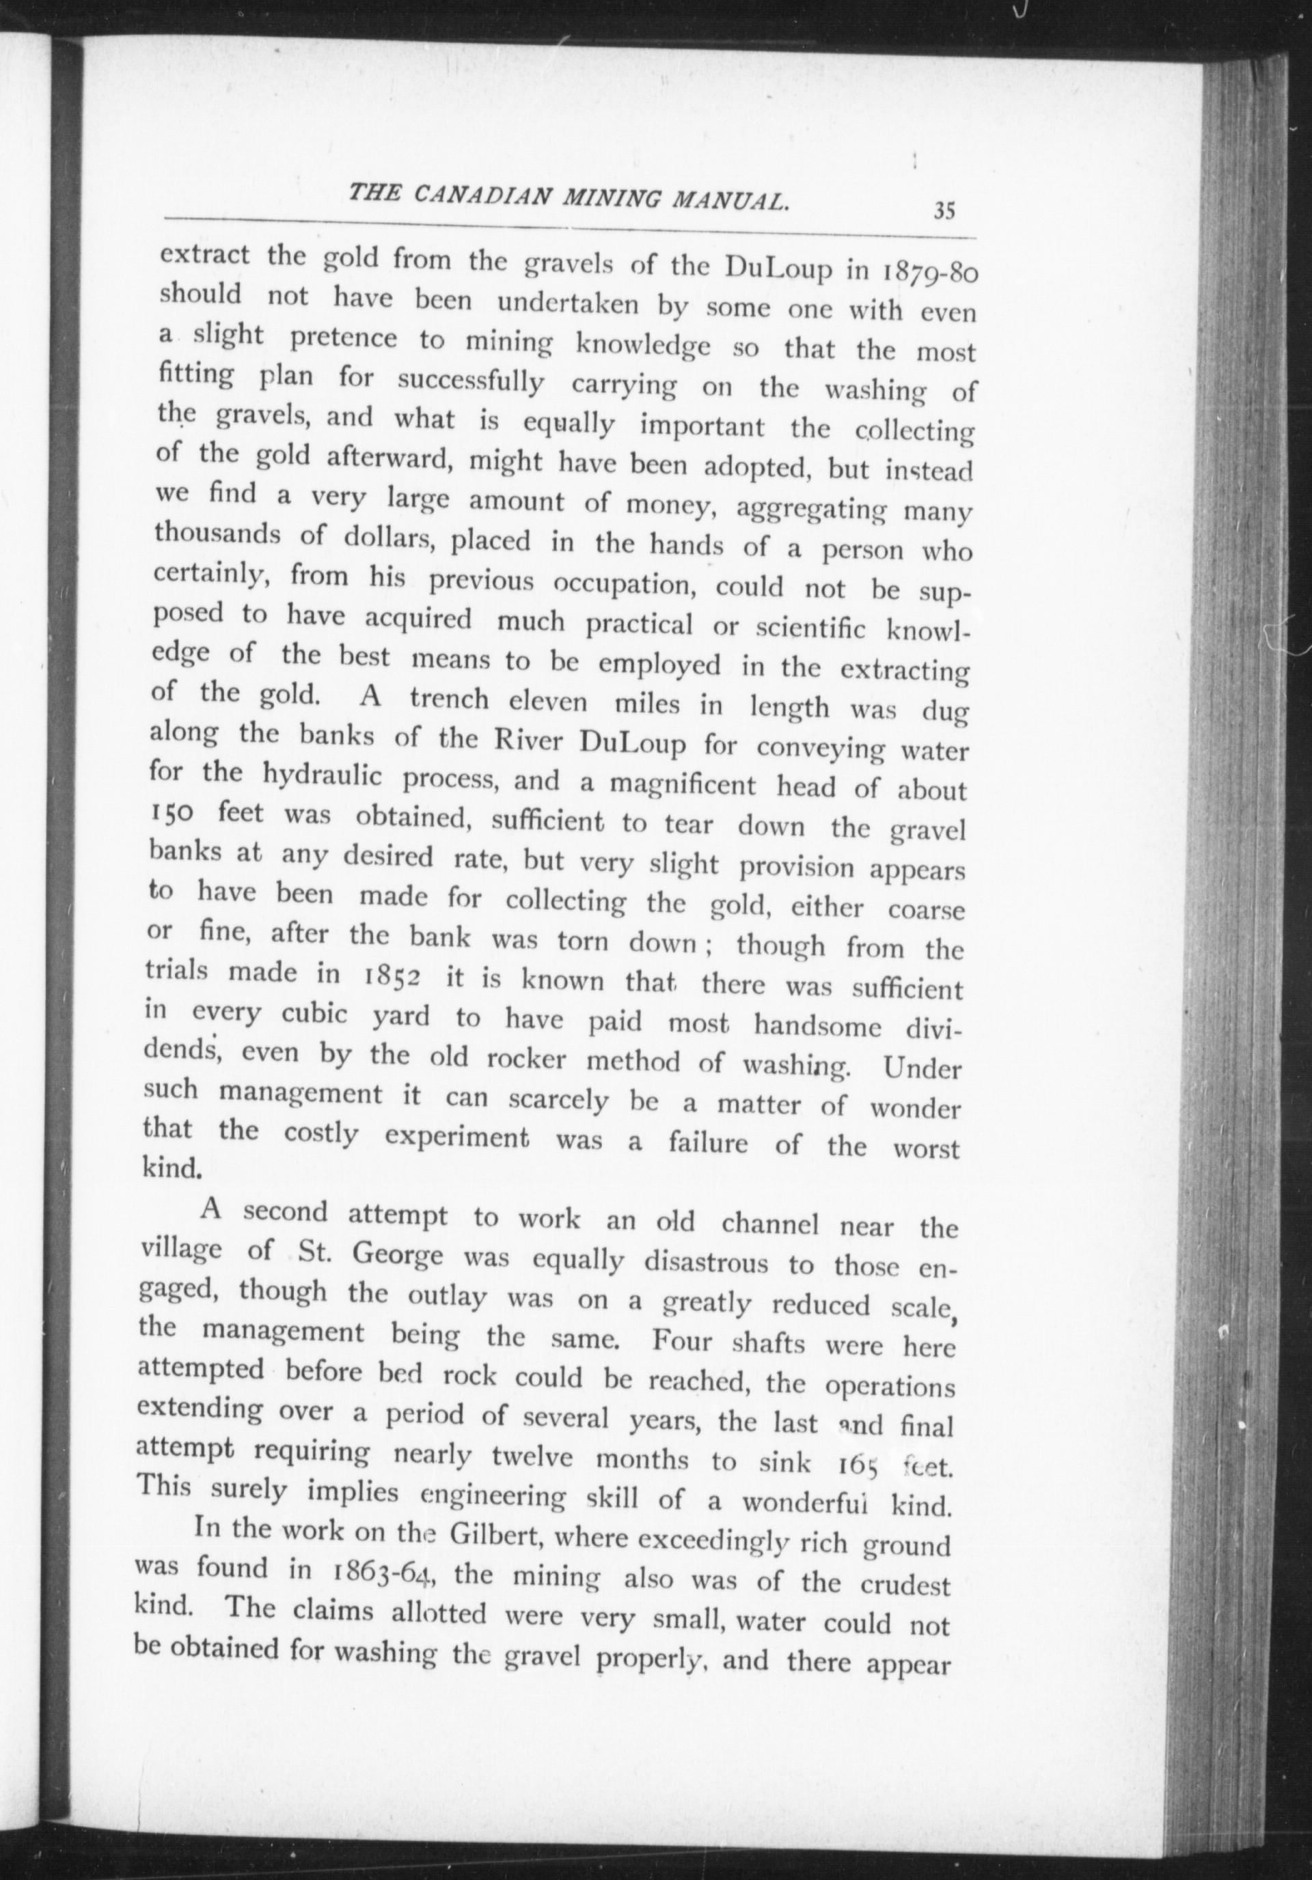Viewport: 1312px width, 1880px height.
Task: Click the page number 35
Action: pyautogui.click(x=944, y=210)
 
